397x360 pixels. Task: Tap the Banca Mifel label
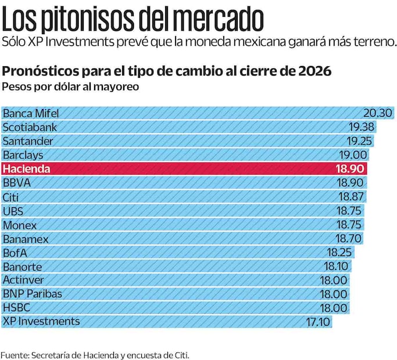pyautogui.click(x=31, y=113)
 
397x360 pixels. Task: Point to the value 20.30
pyautogui.click(x=378, y=113)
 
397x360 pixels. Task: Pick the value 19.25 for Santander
pyautogui.click(x=359, y=141)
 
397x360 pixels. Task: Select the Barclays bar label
pyautogui.click(x=23, y=155)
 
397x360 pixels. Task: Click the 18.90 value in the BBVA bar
pyautogui.click(x=352, y=183)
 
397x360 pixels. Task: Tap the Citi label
pyautogui.click(x=11, y=197)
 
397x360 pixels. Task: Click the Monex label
pyautogui.click(x=20, y=225)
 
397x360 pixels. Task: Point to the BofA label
pyautogui.click(x=15, y=253)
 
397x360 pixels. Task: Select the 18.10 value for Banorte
pyautogui.click(x=337, y=267)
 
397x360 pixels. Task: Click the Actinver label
pyautogui.click(x=24, y=280)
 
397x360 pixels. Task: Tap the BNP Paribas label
pyautogui.click(x=33, y=294)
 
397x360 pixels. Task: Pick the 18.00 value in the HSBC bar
pyautogui.click(x=335, y=308)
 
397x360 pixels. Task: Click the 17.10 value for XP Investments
pyautogui.click(x=318, y=321)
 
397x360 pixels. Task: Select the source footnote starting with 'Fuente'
pyautogui.click(x=95, y=354)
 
